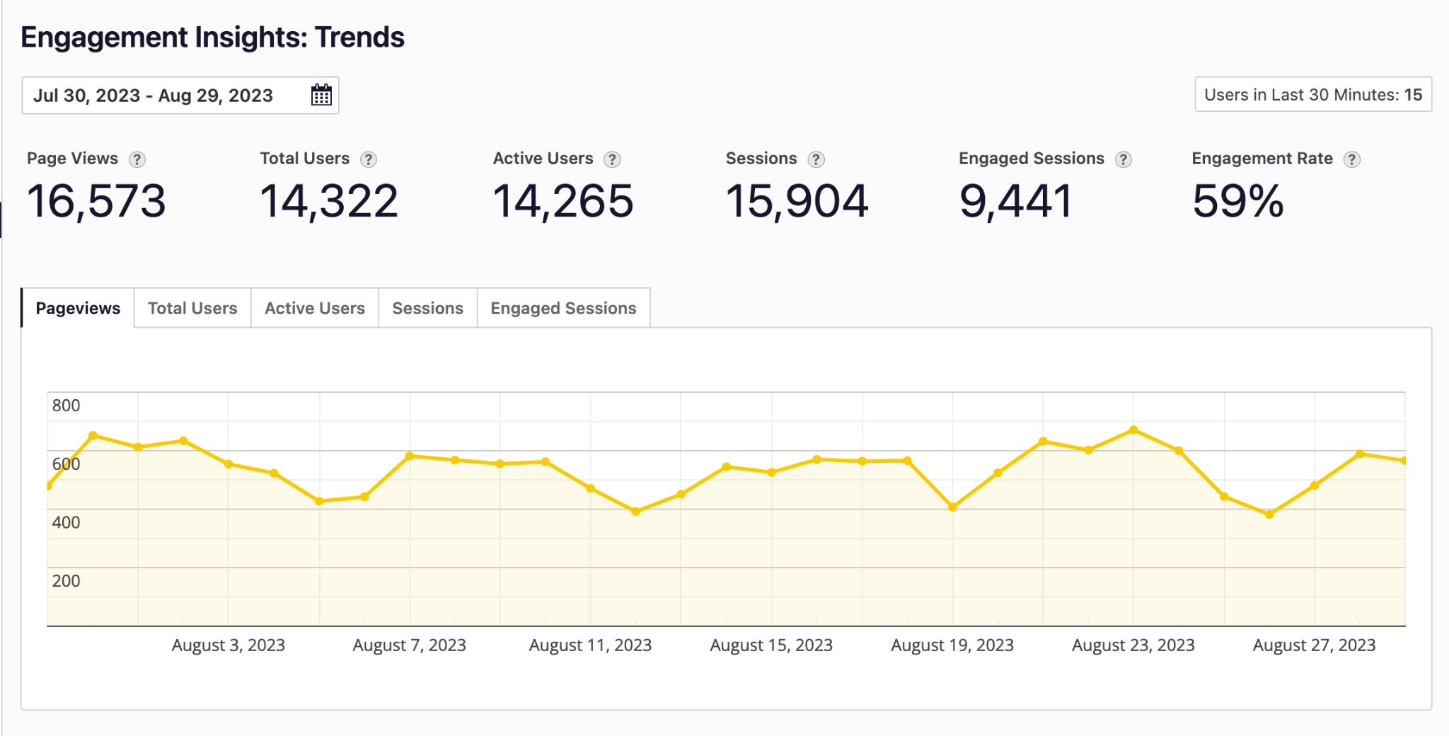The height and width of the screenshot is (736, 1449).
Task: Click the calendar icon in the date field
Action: pos(321,95)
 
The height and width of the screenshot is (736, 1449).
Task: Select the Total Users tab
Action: pos(192,309)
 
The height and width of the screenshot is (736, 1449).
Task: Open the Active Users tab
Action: pos(315,309)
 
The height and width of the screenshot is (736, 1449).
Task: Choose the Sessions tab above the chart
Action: pos(427,309)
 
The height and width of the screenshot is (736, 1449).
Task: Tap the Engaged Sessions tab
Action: pos(563,309)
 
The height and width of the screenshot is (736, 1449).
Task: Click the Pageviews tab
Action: pos(78,309)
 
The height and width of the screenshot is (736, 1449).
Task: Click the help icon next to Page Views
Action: pos(137,159)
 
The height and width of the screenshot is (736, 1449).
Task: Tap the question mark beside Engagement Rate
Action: pos(1352,159)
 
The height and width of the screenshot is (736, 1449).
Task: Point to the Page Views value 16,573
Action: pos(96,201)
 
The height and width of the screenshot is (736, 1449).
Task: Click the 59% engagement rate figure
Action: pos(1237,201)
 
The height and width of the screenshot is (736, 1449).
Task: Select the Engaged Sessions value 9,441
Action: pos(1015,201)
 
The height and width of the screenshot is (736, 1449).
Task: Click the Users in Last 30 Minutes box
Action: pos(1313,95)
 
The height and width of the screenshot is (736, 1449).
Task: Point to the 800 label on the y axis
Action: pos(66,406)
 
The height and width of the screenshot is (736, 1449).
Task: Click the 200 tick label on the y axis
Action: pos(66,581)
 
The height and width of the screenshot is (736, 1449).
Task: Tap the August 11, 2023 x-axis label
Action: pos(590,645)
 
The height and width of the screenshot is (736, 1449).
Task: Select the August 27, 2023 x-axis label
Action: pos(1314,645)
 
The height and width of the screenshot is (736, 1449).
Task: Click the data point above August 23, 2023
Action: pos(1133,430)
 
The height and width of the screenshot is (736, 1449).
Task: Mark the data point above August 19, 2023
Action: pos(952,507)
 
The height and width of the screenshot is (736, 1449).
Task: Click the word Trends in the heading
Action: pos(359,38)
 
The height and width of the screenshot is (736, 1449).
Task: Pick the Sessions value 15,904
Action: pos(797,201)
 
